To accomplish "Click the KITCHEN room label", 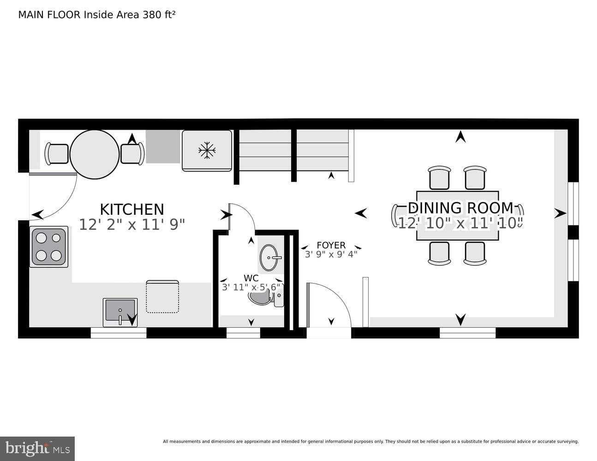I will (x=132, y=209).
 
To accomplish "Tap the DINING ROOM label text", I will (x=460, y=208).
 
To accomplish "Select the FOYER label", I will (x=331, y=245).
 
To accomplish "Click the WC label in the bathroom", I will (x=251, y=278).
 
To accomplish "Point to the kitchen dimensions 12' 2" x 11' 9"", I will (x=132, y=225).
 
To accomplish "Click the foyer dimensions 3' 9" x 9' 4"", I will (x=331, y=254).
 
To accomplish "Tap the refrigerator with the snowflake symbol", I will (x=207, y=150).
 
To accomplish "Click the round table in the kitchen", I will (x=95, y=154).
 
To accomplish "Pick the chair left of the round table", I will (x=57, y=154).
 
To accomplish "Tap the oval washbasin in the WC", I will (x=269, y=258).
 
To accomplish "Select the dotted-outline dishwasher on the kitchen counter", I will (x=162, y=296).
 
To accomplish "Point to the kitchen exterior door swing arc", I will (x=58, y=198).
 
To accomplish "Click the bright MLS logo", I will (x=37, y=448).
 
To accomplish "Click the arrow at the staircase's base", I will (x=331, y=175).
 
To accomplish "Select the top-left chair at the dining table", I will (x=439, y=178).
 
